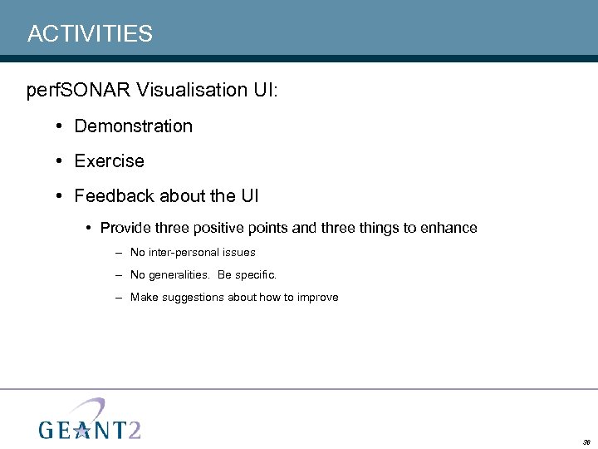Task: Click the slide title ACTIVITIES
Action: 90,33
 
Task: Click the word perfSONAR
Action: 79,90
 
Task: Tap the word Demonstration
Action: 133,126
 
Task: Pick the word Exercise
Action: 109,161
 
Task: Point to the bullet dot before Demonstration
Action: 61,126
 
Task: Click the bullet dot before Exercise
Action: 61,161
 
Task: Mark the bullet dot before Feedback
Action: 61,196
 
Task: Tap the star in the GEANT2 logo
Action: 82,428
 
